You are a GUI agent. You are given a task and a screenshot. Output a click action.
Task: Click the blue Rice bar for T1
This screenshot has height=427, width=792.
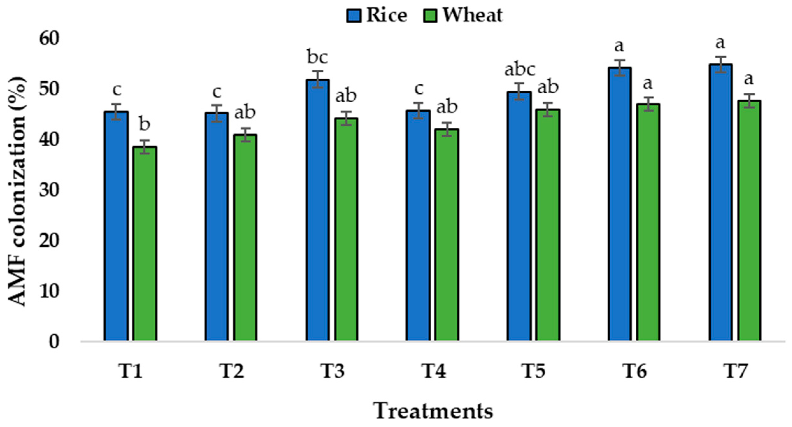116,226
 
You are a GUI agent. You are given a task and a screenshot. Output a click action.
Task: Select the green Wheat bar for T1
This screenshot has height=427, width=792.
145,244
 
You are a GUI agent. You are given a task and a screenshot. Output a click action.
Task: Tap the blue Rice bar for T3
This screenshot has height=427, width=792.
317,210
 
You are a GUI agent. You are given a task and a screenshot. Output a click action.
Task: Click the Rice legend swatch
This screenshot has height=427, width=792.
354,16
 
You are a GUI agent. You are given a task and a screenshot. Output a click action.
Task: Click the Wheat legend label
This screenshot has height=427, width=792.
472,15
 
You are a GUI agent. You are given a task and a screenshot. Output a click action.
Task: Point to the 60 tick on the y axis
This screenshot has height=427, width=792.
49,39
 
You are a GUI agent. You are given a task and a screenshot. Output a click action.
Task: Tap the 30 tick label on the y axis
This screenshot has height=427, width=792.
49,190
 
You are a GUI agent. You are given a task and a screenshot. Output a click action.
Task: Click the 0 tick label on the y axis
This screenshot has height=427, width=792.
54,342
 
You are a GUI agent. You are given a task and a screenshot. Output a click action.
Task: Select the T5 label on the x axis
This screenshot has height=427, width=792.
533,371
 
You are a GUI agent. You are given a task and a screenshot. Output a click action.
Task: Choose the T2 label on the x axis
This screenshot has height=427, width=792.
232,371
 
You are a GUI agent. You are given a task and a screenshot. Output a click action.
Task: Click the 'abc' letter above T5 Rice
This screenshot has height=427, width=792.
520,69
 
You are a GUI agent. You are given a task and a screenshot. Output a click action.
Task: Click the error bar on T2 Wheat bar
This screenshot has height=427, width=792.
245,135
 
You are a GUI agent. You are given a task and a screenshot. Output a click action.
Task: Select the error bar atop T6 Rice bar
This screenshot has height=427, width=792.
619,68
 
